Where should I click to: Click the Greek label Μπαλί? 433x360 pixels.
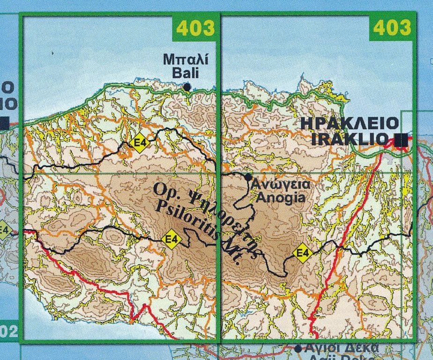[x=185, y=60]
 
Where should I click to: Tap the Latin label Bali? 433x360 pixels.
[x=186, y=73]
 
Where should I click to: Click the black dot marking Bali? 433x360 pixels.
[x=187, y=87]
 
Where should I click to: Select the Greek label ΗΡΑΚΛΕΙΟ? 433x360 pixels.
[x=350, y=124]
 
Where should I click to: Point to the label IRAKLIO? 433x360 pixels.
[x=350, y=139]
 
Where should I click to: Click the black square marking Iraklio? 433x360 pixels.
[x=400, y=139]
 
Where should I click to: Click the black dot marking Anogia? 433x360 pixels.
[x=248, y=176]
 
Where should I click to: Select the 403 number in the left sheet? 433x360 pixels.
[x=195, y=28]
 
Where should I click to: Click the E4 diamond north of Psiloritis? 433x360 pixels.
[x=139, y=143]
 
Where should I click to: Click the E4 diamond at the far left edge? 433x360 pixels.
[x=4, y=230]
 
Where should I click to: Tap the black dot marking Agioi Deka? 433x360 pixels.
[x=298, y=348]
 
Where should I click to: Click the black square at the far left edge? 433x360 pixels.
[x=4, y=123]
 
